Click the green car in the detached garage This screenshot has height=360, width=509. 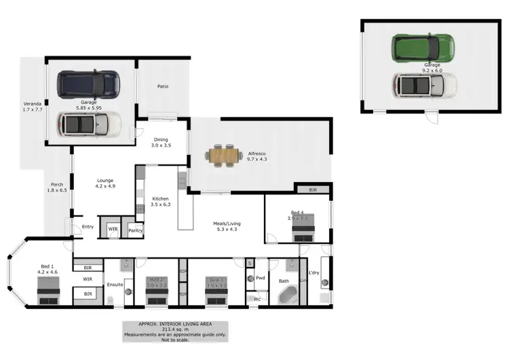click(421, 48)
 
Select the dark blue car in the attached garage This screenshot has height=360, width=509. click(88, 84)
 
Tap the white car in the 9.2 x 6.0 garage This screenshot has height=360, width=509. click(424, 85)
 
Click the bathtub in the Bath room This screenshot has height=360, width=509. click(288, 295)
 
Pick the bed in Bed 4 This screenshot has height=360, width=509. click(303, 232)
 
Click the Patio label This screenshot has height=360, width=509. click(163, 87)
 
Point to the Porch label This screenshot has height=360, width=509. click(57, 185)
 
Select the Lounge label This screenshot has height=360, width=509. click(105, 181)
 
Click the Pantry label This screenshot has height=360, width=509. click(135, 230)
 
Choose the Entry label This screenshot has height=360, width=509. click(88, 227)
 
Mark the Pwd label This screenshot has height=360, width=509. click(260, 277)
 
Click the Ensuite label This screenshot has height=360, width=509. click(114, 284)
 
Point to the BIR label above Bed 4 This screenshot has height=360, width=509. click(312, 190)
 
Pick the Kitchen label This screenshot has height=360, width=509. click(159, 198)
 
